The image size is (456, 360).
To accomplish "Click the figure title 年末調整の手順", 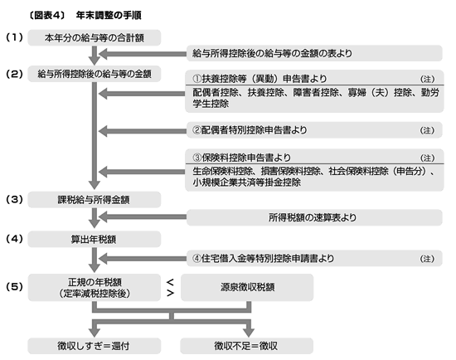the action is point(109,15).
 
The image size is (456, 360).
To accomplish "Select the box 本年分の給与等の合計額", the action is point(95,37).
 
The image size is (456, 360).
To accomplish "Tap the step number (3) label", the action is point(14,199).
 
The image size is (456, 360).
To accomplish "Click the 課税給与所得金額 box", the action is point(95,200).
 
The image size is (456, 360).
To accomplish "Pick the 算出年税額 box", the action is point(95,239).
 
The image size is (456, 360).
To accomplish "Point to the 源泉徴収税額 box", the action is point(247,287).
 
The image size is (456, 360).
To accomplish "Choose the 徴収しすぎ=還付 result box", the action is point(95,346).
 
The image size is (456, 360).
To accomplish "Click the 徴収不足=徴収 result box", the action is point(246,346).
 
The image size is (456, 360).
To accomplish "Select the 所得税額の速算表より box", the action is point(314,217).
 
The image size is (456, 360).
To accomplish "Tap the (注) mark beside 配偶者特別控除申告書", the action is point(427,130).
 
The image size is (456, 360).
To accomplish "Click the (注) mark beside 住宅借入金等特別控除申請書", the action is point(427,259).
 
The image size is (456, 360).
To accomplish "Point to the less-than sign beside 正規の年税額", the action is point(171,282).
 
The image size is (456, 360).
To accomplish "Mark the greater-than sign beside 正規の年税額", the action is point(171,293).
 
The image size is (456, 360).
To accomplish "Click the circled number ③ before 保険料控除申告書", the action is point(196,158).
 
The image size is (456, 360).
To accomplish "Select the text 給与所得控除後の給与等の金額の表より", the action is point(272,53).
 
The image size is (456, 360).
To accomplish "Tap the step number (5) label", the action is point(14,287).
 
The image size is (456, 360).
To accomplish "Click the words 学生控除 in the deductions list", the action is point(211,104).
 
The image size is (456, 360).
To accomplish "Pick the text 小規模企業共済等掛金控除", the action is point(246,182).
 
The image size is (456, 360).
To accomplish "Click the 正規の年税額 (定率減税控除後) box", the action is point(95,287).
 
